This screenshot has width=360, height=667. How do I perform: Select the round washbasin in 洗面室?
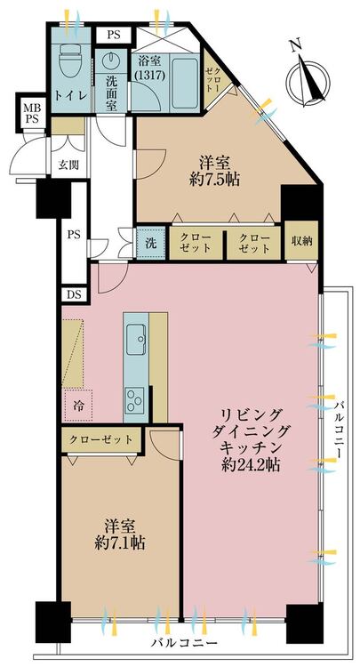click(111, 60)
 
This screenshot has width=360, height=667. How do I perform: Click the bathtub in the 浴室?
click(185, 80)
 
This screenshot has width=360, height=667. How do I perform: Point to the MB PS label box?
click(31, 113)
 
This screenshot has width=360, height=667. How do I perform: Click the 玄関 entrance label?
click(68, 165)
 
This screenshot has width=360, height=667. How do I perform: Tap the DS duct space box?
click(74, 294)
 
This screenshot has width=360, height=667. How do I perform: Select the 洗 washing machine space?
click(151, 244)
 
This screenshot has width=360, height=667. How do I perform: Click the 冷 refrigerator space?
click(78, 406)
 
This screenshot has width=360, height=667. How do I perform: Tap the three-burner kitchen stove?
click(135, 399)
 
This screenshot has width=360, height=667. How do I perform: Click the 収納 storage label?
click(301, 241)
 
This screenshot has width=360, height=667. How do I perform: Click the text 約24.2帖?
click(251, 464)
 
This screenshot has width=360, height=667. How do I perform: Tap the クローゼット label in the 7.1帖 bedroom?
click(100, 439)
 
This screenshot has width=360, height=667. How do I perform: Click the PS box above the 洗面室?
click(114, 36)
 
